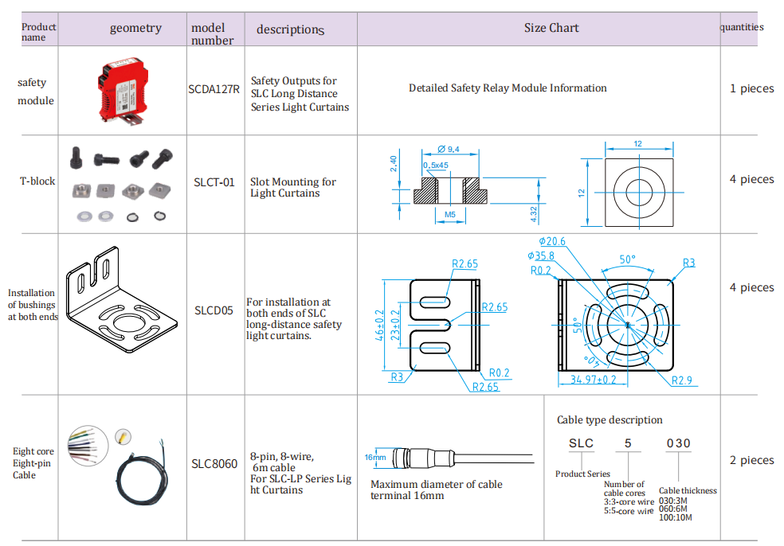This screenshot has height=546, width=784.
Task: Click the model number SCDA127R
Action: click(x=214, y=89)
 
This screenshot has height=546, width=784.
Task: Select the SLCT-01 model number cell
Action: click(x=214, y=182)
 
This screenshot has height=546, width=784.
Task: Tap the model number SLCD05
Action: click(x=214, y=310)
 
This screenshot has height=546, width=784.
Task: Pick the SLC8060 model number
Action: click(x=214, y=463)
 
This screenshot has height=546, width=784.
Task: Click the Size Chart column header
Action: click(x=551, y=28)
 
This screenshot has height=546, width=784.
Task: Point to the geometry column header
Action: click(x=135, y=28)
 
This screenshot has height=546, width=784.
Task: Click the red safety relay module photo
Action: click(x=124, y=90)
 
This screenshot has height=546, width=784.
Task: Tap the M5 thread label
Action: click(x=449, y=214)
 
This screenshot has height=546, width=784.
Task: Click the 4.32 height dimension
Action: click(x=534, y=213)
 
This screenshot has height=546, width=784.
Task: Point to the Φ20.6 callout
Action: click(x=551, y=241)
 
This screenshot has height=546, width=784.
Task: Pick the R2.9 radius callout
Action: click(x=681, y=380)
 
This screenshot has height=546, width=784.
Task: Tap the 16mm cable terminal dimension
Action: click(x=375, y=458)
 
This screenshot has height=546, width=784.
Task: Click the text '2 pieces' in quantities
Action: click(x=751, y=460)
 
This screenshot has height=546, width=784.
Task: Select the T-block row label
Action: click(x=37, y=181)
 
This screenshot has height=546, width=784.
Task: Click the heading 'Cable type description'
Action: click(x=610, y=419)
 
